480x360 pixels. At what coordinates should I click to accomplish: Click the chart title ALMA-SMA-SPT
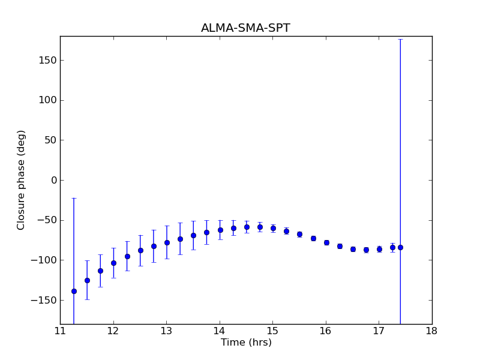pyautogui.click(x=245, y=28)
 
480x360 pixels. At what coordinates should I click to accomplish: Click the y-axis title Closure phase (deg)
pyautogui.click(x=22, y=179)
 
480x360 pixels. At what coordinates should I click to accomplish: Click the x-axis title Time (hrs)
pyautogui.click(x=246, y=343)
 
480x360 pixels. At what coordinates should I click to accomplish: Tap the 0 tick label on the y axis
pyautogui.click(x=54, y=180)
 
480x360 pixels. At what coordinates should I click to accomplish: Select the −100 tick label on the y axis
pyautogui.click(x=44, y=260)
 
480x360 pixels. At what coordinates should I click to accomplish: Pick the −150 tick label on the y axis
pyautogui.click(x=44, y=300)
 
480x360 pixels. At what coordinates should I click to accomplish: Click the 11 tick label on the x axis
pyautogui.click(x=60, y=331)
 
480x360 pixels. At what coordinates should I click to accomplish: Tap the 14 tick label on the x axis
pyautogui.click(x=220, y=331)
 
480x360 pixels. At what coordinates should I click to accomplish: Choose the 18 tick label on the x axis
pyautogui.click(x=431, y=331)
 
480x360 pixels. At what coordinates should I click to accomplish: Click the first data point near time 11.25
pyautogui.click(x=74, y=291)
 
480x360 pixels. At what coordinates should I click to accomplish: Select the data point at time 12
pyautogui.click(x=113, y=263)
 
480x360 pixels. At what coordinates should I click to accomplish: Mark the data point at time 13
pyautogui.click(x=167, y=242)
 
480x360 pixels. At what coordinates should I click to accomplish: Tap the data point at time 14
pyautogui.click(x=220, y=230)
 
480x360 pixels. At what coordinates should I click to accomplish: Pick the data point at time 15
pyautogui.click(x=273, y=228)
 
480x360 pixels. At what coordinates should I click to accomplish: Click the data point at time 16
pyautogui.click(x=326, y=242)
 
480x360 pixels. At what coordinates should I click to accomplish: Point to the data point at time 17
pyautogui.click(x=379, y=249)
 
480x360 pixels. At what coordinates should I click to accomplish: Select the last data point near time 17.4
pyautogui.click(x=400, y=247)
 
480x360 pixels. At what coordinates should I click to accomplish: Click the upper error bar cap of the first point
pyautogui.click(x=74, y=198)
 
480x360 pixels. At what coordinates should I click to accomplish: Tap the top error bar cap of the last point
pyautogui.click(x=400, y=39)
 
